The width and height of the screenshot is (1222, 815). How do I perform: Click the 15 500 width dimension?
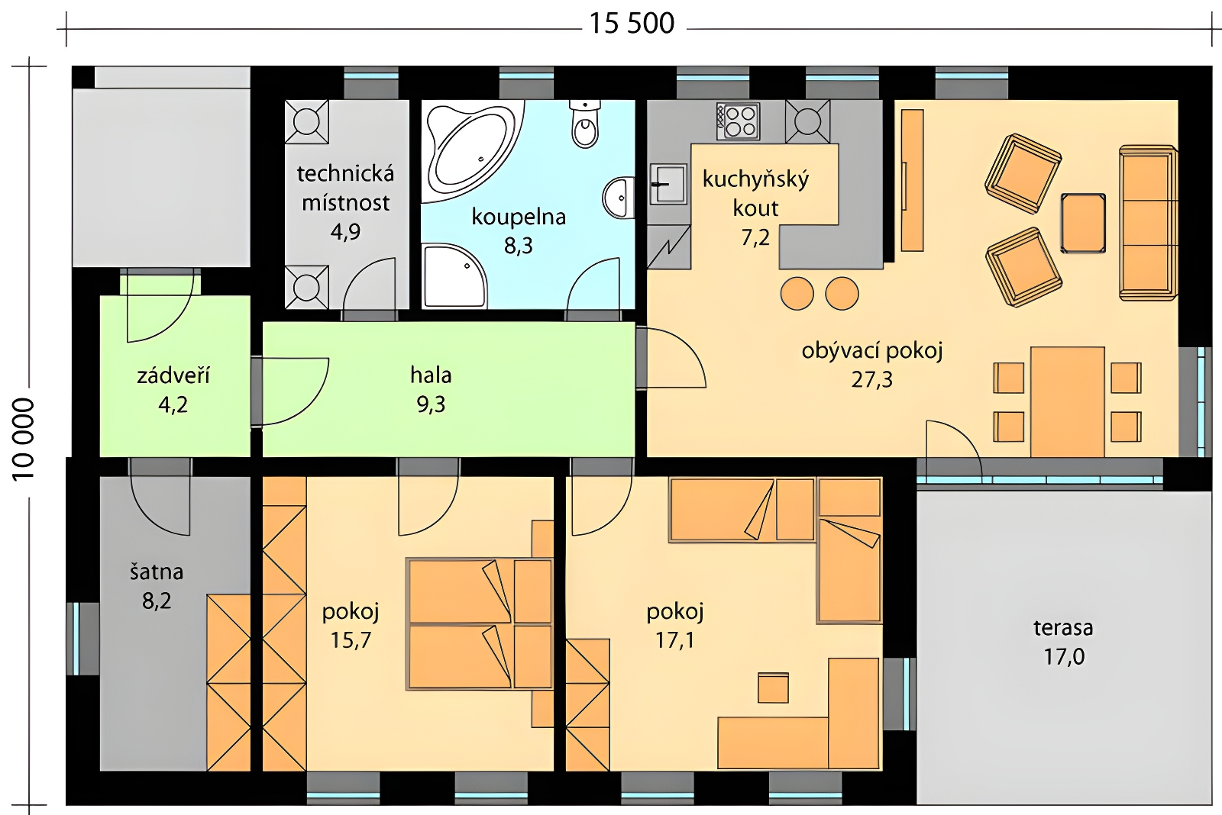632,24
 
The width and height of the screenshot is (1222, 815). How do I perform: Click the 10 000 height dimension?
24,440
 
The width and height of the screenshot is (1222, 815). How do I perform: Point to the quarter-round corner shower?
453,277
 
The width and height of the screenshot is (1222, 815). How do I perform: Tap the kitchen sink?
668,184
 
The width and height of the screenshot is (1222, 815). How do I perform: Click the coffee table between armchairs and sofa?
1083,223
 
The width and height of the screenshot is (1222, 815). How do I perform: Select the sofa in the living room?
1148,222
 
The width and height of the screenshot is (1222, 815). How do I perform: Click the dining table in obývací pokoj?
1067,401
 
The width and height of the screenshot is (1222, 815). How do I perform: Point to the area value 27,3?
871,380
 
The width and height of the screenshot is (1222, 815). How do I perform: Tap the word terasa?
1063,628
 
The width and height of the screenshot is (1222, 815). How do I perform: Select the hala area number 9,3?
431,405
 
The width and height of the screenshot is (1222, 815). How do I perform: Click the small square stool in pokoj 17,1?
773,688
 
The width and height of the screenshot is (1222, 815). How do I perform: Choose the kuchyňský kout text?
755,194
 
